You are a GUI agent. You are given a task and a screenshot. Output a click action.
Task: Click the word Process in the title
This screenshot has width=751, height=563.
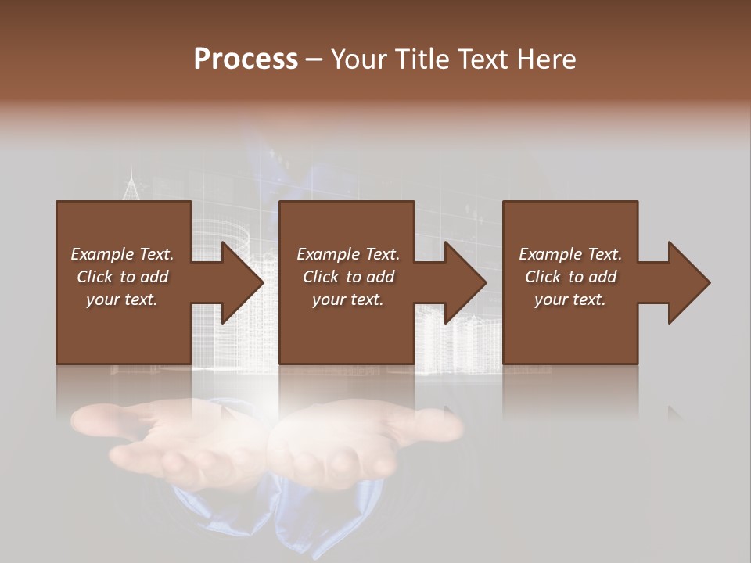(x=246, y=59)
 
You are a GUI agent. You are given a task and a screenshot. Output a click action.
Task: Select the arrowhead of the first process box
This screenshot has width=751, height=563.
(x=241, y=282)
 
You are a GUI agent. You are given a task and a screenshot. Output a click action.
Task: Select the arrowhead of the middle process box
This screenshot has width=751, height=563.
(x=465, y=282)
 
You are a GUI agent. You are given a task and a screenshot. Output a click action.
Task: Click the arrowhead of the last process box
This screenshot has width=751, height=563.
(x=688, y=282)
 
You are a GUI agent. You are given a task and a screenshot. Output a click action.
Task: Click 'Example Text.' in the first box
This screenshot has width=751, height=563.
(x=122, y=254)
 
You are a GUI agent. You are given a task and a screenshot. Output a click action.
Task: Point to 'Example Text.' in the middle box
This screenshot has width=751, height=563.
(x=348, y=254)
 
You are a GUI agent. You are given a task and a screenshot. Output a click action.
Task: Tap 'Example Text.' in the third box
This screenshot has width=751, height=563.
(x=570, y=254)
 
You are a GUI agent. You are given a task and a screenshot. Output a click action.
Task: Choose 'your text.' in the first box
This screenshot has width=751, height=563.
(x=122, y=299)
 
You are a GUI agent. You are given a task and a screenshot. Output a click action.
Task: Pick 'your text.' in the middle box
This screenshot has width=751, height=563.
(x=348, y=299)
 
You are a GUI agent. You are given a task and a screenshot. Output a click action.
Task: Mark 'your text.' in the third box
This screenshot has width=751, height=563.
(x=570, y=299)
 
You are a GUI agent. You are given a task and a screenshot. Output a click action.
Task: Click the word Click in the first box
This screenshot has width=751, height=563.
(x=95, y=277)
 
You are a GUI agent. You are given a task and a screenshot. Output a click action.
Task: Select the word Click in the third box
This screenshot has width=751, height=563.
(x=543, y=277)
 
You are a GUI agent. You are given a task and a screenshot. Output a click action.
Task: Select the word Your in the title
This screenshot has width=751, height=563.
(x=361, y=59)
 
